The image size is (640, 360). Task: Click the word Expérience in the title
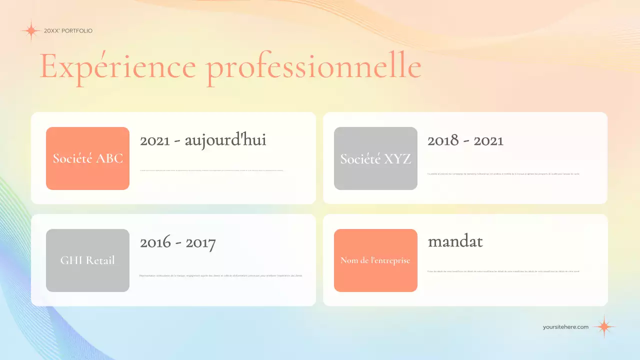point(117,66)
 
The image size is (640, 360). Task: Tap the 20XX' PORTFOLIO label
point(68,31)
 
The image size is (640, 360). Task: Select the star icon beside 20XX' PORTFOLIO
point(30,31)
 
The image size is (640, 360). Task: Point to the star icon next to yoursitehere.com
point(604,326)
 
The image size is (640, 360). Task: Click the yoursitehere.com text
point(565,327)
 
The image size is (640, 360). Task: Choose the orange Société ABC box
point(87,158)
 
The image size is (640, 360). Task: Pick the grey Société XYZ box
point(375,158)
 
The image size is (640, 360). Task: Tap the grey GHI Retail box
point(87,260)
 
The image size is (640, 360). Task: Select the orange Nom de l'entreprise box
point(375,260)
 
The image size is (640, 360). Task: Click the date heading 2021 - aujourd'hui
point(203,140)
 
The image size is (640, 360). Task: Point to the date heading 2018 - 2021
point(465,140)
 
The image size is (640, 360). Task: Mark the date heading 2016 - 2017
point(177,243)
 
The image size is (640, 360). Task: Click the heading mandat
point(455,242)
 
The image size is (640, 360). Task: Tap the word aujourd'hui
point(225,140)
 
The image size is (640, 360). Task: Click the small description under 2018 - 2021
point(503,174)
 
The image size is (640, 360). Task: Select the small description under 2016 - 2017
point(220,275)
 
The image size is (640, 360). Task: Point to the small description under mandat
point(503,271)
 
